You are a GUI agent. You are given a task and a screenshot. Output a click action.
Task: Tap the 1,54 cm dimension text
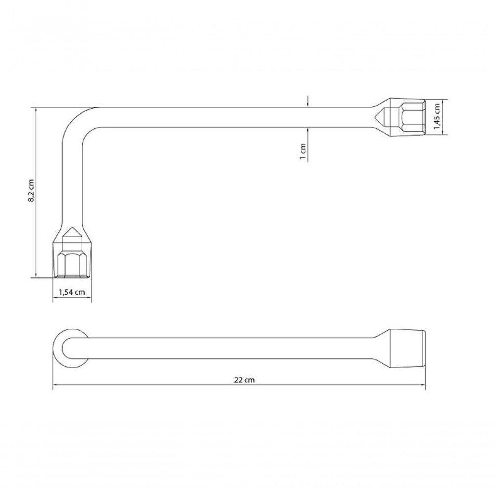click(72, 292)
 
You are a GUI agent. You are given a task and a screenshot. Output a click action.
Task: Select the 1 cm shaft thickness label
click(303, 151)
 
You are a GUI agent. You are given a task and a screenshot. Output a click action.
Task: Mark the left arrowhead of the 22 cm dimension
click(55, 385)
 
